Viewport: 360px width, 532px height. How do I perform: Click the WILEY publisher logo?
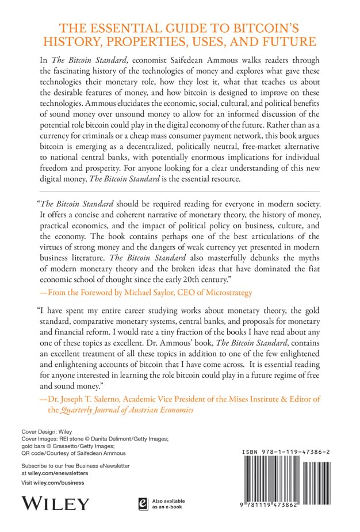55,504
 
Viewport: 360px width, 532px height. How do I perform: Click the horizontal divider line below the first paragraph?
179,191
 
